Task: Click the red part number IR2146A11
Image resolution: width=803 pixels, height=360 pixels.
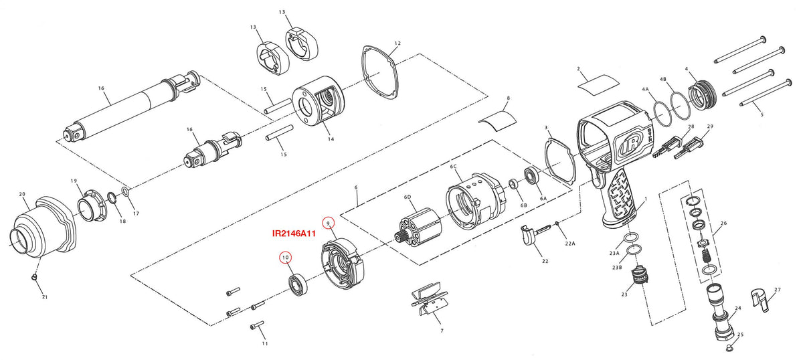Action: tap(294, 234)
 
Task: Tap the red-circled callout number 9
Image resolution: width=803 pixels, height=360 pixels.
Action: tap(328, 223)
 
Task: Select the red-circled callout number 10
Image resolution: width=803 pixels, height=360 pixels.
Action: tap(285, 258)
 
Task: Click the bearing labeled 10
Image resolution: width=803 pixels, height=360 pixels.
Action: tap(298, 286)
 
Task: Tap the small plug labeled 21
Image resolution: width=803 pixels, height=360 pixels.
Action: tap(35, 276)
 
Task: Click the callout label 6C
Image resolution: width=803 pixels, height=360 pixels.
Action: tap(453, 167)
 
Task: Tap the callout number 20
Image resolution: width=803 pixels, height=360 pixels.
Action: tap(22, 194)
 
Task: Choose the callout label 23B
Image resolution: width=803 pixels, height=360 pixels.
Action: tap(617, 268)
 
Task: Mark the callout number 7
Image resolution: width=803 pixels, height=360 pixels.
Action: tap(442, 331)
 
